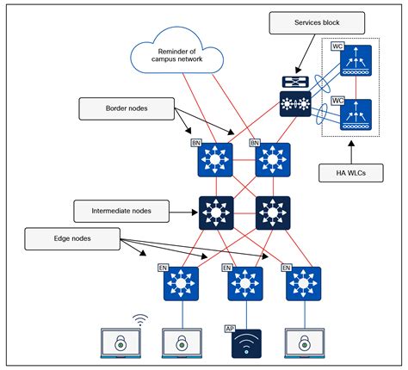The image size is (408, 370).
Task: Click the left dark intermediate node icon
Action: coord(215,212)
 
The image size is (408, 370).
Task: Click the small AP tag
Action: coord(230,328)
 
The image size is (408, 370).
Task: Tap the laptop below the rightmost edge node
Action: coord(306,343)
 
